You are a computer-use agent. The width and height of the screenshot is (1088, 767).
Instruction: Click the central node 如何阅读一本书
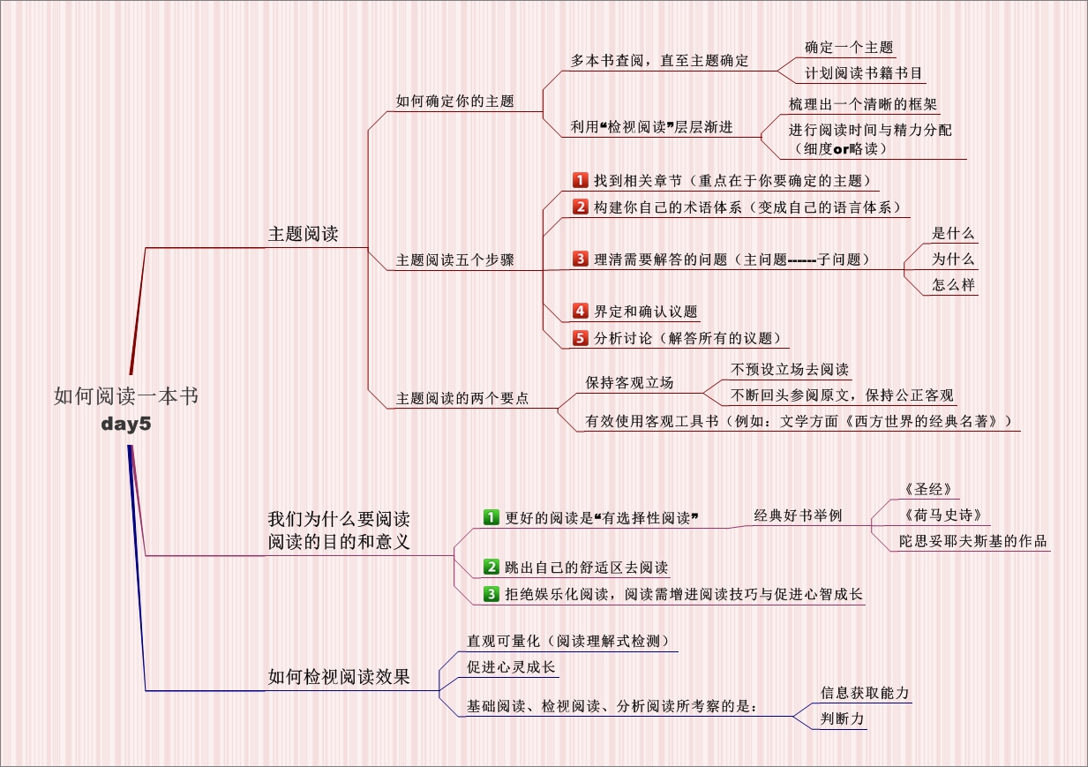click(125, 396)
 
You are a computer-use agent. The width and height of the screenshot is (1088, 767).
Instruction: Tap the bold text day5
click(126, 425)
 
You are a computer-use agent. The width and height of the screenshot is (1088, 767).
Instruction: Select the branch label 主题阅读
click(304, 235)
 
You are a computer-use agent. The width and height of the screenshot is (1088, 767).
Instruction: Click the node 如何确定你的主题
click(454, 102)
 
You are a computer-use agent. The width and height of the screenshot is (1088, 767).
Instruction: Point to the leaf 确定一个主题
click(849, 48)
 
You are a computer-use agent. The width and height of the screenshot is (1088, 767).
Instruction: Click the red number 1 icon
click(580, 180)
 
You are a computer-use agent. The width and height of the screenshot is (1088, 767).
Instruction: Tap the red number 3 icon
click(580, 259)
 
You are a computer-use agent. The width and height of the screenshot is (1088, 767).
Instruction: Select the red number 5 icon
click(580, 337)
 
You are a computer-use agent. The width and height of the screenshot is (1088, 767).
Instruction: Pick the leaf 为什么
click(953, 259)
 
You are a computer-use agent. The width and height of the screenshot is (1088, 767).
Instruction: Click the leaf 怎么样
click(953, 285)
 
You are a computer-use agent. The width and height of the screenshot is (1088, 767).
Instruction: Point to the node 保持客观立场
click(629, 383)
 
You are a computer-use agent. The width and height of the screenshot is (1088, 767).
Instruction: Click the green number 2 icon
click(491, 567)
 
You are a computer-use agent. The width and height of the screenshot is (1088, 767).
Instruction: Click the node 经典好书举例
click(798, 515)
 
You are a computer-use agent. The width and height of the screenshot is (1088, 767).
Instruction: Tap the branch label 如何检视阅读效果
click(339, 678)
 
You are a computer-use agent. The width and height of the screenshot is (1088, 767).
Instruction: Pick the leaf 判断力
click(843, 718)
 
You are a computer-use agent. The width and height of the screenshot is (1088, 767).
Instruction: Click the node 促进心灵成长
click(511, 667)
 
